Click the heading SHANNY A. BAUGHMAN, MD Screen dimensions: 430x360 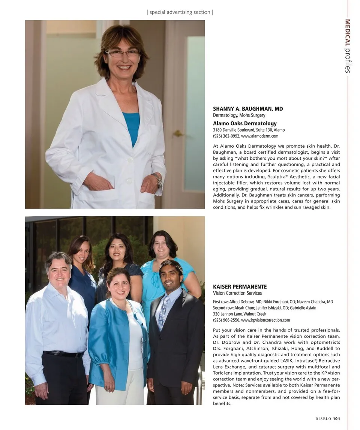coord(248,109)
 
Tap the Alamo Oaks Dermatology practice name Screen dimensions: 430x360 coord(244,123)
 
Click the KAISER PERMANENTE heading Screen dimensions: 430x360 coord(240,287)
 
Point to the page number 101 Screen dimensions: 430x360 coord(336,419)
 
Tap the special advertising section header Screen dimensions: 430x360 coord(180,12)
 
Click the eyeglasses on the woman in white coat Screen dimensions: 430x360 coord(122,53)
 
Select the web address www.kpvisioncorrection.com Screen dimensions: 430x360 coord(265,320)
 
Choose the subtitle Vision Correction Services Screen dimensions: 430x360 coord(237,293)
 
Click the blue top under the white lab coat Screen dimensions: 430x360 coord(131,127)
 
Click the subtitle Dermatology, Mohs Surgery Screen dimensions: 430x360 coord(239,115)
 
